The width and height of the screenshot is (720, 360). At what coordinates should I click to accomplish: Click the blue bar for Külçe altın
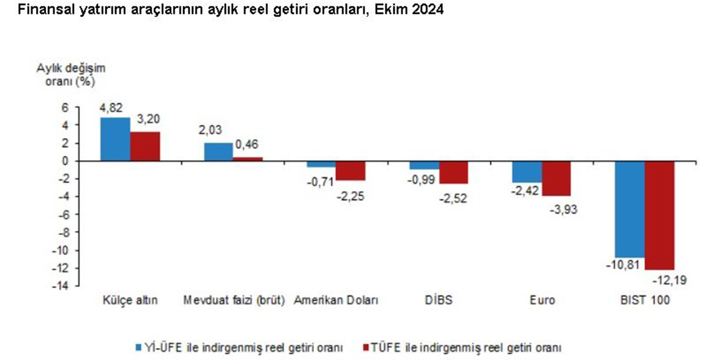[116, 139]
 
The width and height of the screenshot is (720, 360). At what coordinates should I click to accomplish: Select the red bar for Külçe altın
[145, 147]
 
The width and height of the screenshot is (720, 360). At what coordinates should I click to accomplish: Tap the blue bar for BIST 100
[630, 209]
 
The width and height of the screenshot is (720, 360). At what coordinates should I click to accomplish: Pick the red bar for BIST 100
[659, 215]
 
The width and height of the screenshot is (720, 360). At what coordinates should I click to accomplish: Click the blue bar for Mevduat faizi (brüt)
[218, 152]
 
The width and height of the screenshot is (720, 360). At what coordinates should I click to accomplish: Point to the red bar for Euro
[556, 178]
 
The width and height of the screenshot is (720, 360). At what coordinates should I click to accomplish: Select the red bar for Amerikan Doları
[350, 171]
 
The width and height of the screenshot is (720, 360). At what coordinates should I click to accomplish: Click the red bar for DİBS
[453, 172]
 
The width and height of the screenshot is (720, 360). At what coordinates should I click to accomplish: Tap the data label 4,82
[111, 107]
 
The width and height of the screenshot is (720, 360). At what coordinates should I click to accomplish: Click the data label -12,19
[663, 279]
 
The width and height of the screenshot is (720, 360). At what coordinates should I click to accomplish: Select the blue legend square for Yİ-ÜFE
[138, 347]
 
